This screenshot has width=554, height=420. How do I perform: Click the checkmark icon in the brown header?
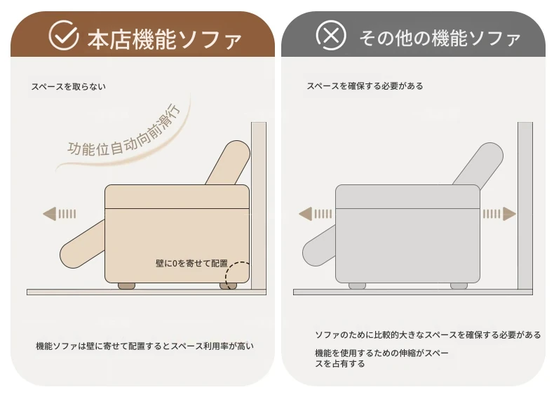coord(64,35)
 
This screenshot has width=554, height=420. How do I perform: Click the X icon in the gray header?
coord(331,35)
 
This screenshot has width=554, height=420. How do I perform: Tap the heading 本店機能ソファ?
coord(164,39)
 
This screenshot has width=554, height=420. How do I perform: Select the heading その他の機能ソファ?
coord(440,38)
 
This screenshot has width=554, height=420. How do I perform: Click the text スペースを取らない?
coord(69,86)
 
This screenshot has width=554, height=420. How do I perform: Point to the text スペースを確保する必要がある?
coord(365,86)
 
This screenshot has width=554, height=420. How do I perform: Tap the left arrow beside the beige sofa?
coord(60,214)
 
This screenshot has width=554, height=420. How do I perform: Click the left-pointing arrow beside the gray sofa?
coord(315,214)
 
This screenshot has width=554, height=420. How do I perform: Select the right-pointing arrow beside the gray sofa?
coord(499,214)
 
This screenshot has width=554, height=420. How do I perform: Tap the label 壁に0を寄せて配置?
coord(191,264)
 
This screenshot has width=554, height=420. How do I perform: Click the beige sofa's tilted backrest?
coord(228,163)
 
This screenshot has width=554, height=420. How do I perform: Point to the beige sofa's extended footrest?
coord(83,244)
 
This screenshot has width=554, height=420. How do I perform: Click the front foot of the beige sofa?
coord(126,286)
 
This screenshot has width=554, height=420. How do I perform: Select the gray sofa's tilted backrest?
coord(479,163)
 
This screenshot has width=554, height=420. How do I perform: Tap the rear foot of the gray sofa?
coord(459,286)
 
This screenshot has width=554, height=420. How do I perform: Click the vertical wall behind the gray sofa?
coord(525,206)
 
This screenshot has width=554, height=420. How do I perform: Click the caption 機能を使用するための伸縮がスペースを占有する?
coord(381,358)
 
